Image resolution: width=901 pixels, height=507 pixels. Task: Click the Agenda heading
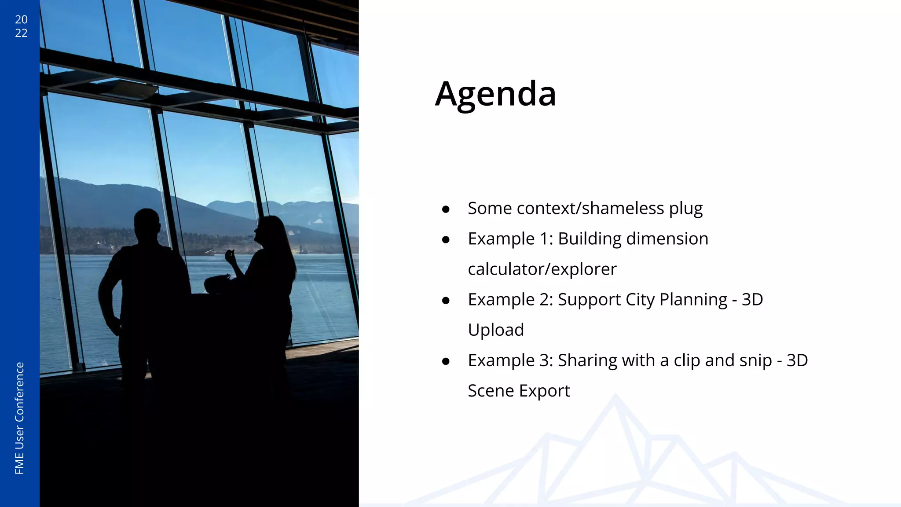pyautogui.click(x=495, y=94)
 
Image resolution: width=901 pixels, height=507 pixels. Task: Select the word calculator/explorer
pyautogui.click(x=542, y=269)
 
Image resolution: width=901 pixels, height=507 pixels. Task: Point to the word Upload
pyautogui.click(x=496, y=330)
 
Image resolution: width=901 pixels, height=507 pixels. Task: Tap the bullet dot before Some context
pyautogui.click(x=446, y=209)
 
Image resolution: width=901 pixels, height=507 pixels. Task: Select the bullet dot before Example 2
pyautogui.click(x=446, y=301)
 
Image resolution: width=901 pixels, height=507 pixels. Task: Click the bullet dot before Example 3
pyautogui.click(x=446, y=361)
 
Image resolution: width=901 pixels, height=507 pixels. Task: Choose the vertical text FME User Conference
pyautogui.click(x=19, y=418)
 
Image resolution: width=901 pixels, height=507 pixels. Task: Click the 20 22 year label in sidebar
pyautogui.click(x=21, y=26)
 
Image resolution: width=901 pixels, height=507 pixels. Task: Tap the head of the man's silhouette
pyautogui.click(x=147, y=224)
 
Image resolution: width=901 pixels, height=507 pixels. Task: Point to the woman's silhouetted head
pyautogui.click(x=269, y=231)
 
